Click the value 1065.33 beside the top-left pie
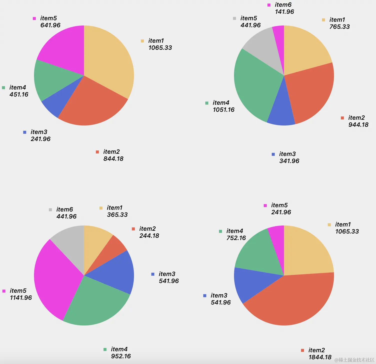pos(160,48)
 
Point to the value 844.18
pos(113,159)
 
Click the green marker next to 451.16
pos(3,88)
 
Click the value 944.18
pos(358,125)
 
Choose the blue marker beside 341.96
pos(273,154)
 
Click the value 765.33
pos(339,27)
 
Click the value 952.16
pos(121,356)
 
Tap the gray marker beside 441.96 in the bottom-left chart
pos(50,210)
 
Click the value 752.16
pos(236,238)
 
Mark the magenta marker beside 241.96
pos(265,206)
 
